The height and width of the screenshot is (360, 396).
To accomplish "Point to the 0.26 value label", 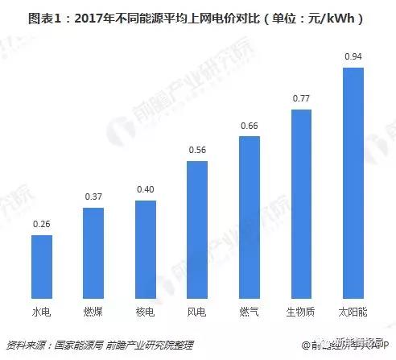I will point(41,224).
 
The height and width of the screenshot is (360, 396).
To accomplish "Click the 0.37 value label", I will point(93,197).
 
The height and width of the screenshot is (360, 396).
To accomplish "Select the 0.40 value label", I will point(145,189).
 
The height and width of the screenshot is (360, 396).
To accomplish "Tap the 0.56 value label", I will point(197,150).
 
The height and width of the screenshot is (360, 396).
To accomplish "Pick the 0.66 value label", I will point(250,125).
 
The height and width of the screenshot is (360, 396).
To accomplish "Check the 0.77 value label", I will point(301,98).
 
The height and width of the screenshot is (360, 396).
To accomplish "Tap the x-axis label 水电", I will point(41,309).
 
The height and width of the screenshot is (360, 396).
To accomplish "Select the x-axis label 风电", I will point(197,309).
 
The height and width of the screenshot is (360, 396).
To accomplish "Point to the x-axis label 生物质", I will point(301,309).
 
